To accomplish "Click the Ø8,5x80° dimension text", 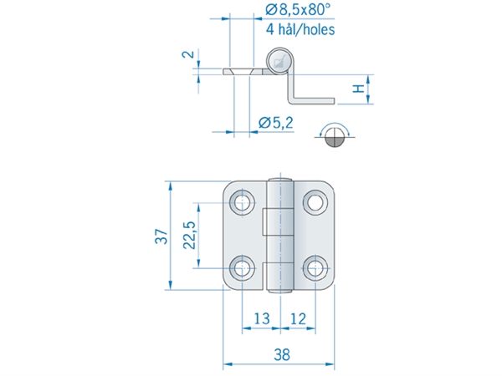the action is point(298,9).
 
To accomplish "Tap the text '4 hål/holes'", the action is point(300,29).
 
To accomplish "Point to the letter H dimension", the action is point(359,89).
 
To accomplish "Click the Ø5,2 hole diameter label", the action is point(275,123).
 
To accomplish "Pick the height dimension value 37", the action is point(161,236).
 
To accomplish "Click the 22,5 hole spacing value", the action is point(189,235).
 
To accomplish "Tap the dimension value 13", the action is point(262,319).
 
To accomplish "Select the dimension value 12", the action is point(298,319).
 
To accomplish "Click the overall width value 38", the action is point(282,355).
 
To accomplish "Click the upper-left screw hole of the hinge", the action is point(243,202).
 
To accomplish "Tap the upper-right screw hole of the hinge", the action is point(315,202).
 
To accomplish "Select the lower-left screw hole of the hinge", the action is point(243,268).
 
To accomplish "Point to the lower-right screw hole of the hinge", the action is point(315,268).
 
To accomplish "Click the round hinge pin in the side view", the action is point(279,61).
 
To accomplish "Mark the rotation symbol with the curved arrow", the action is point(335,135).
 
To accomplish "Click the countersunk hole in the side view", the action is point(242,72).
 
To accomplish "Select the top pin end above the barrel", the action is point(280,180).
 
